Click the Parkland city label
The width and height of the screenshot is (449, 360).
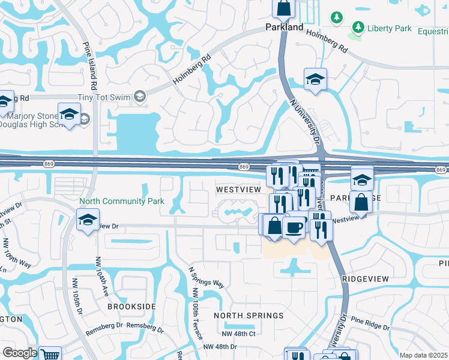284,27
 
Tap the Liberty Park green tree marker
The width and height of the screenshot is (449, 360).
358,27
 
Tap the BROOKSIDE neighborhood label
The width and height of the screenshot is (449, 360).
131,306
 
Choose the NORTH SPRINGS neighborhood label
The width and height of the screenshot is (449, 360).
249,316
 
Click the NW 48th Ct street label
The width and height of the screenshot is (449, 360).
238,334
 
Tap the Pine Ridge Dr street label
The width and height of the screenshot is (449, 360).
370,324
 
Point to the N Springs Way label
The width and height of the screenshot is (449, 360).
206,277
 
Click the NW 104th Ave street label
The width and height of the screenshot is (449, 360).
100,276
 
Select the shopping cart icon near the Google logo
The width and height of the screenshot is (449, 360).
50,354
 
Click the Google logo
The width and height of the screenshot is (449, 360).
20,353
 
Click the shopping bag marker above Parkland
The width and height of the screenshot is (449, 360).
284,8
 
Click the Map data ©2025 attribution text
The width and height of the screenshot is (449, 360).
423,355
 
